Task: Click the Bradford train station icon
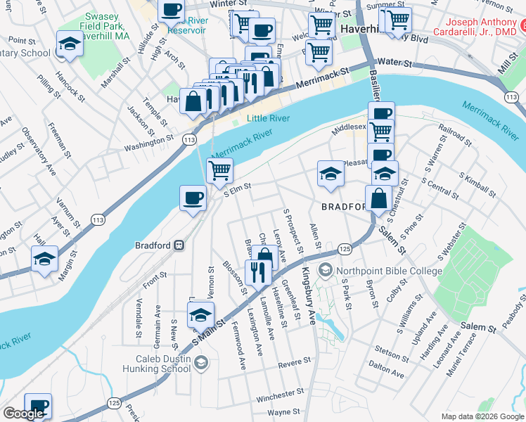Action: click(x=180, y=245)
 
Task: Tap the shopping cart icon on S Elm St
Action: click(x=219, y=170)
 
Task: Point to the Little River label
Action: click(x=268, y=119)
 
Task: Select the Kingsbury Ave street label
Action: click(x=309, y=295)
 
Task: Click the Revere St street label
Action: click(x=294, y=362)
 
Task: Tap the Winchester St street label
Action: click(x=279, y=397)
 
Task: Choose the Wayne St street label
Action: click(x=284, y=411)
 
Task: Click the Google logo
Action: click(x=23, y=414)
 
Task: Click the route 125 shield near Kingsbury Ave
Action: click(x=345, y=249)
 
